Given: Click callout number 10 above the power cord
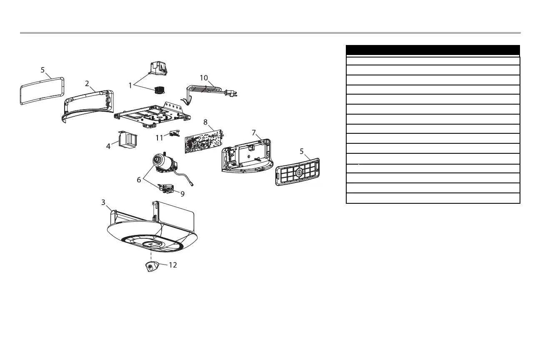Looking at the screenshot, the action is click(204, 77).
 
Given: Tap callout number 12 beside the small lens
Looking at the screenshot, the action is click(172, 265).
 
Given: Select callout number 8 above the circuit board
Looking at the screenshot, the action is click(205, 122).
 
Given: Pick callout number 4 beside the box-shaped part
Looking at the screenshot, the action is click(108, 146).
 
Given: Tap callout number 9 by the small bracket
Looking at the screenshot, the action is click(182, 193).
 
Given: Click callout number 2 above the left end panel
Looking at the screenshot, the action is click(87, 83).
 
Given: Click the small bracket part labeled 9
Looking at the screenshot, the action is click(168, 188).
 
